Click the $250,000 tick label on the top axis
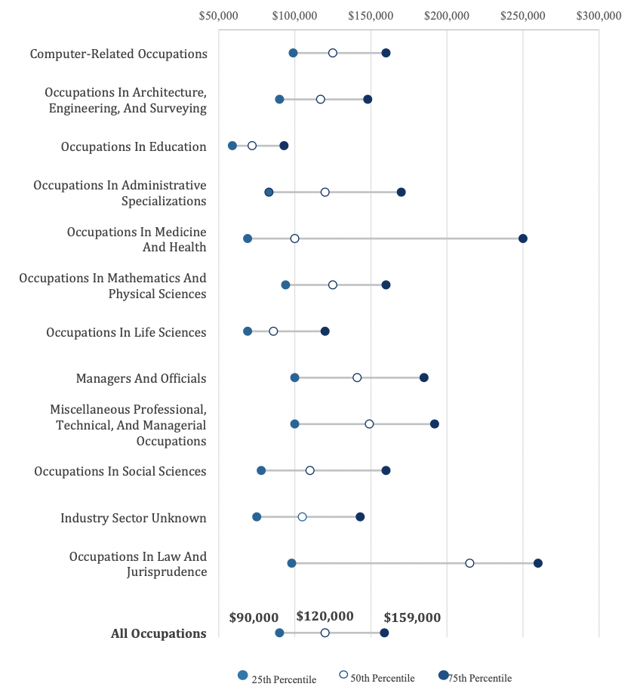click(523, 15)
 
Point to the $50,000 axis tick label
click(218, 15)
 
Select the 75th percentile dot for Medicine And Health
click(523, 239)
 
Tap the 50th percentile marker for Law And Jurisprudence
click(469, 563)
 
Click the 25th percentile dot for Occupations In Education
click(232, 146)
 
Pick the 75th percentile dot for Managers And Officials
click(424, 377)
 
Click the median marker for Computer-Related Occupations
click(333, 53)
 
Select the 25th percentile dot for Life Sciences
click(248, 331)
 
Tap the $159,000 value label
click(412, 617)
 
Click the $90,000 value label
click(254, 617)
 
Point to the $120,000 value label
click(325, 616)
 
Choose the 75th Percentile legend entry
click(475, 677)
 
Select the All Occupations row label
click(158, 633)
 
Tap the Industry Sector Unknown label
click(134, 518)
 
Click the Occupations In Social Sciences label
click(120, 471)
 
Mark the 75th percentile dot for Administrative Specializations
click(402, 192)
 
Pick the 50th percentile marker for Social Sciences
click(310, 470)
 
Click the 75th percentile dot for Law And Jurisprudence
click(538, 563)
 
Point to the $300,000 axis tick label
click(599, 15)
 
